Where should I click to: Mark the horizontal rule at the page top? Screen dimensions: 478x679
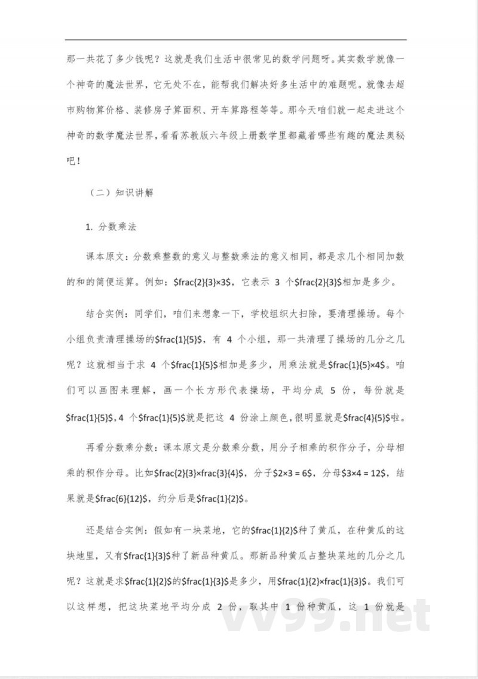(x=239, y=40)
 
